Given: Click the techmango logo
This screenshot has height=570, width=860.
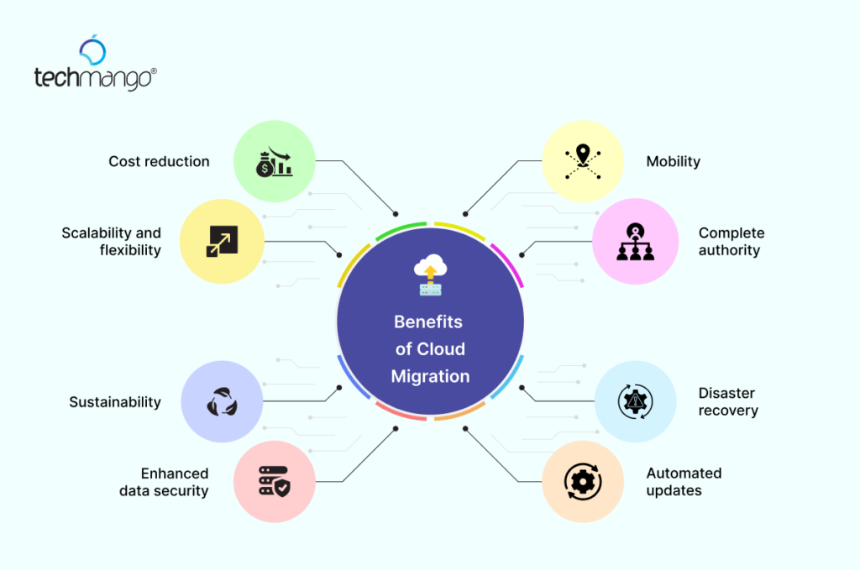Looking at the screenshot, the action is click(96, 63).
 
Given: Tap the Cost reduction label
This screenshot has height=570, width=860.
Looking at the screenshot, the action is click(159, 162).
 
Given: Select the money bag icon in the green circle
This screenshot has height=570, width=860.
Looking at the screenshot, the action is click(275, 162).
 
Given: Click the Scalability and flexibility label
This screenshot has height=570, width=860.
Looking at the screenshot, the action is click(112, 242).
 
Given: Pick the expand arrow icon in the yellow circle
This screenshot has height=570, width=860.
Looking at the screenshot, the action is click(222, 241).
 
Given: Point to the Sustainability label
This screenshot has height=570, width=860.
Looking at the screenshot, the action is click(115, 402).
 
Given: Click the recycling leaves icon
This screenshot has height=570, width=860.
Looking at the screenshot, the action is click(222, 402).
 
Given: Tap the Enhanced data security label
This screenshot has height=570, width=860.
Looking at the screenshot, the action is click(164, 482).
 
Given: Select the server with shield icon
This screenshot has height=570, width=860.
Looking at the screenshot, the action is click(275, 481).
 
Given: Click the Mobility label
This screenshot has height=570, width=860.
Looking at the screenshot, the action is click(673, 162).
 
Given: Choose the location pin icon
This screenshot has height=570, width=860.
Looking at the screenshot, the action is click(583, 162).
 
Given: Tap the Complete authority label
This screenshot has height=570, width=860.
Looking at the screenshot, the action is click(732, 242).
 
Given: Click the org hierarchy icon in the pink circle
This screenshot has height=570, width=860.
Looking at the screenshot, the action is click(635, 242).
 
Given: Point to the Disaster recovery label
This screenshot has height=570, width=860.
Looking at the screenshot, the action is click(728, 402).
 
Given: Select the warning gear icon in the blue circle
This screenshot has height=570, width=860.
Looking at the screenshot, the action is click(635, 402).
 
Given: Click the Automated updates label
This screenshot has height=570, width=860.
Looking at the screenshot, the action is click(684, 482).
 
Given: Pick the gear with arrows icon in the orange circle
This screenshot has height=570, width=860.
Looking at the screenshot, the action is click(583, 482).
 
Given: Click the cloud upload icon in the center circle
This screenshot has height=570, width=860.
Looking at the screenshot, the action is click(431, 275).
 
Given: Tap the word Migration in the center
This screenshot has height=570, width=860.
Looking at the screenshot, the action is click(431, 377).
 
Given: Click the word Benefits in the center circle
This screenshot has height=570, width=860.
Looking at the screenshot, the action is click(428, 322).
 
